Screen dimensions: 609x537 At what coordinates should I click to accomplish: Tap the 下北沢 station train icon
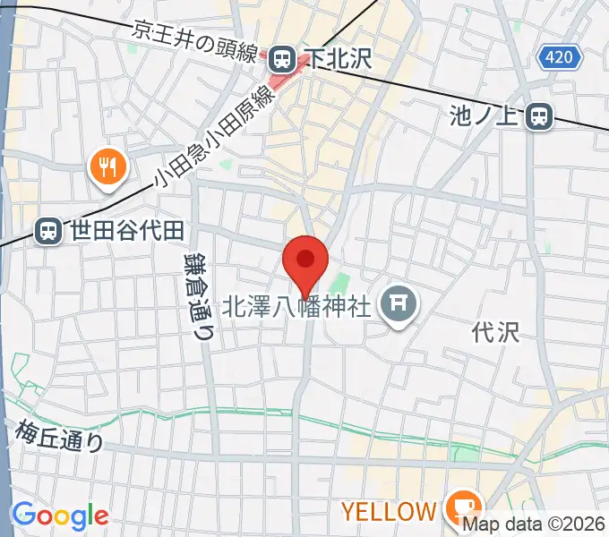[283, 60]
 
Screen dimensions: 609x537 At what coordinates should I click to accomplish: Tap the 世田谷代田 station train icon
[47, 232]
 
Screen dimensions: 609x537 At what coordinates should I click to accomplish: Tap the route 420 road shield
[561, 58]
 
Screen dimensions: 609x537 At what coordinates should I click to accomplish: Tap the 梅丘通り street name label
[59, 436]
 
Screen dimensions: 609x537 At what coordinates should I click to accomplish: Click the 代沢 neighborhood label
[495, 333]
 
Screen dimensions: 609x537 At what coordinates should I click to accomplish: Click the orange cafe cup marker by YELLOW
[463, 507]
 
